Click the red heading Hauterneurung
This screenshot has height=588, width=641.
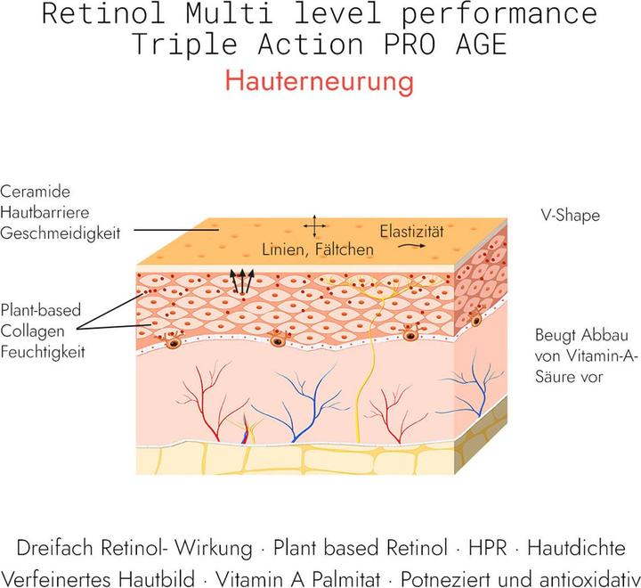click(320, 81)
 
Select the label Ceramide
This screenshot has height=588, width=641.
click(36, 192)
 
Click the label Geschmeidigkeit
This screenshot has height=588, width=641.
click(60, 233)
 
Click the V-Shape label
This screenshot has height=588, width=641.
click(570, 216)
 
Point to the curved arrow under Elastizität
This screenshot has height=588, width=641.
click(410, 245)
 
